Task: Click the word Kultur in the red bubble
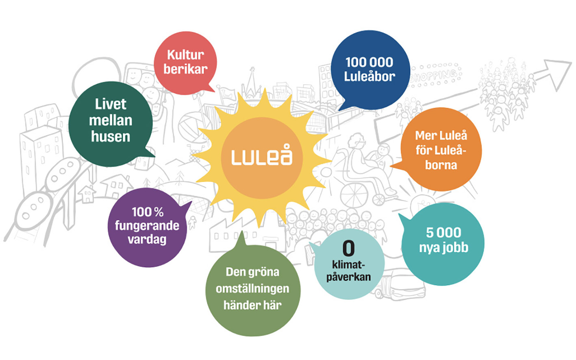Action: (185, 55)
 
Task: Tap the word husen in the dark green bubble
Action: (111, 137)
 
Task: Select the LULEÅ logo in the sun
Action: (261, 157)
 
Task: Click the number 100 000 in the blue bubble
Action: (369, 62)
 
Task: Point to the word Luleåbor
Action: (370, 76)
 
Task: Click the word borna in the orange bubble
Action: (441, 165)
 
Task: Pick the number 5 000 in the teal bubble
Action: (443, 233)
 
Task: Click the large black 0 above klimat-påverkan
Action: (348, 248)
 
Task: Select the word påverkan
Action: (348, 277)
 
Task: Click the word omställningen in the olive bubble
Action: (252, 289)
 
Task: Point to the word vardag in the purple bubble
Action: (147, 239)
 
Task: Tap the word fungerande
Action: (147, 225)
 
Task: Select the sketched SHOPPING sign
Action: (435, 75)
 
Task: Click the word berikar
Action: (185, 69)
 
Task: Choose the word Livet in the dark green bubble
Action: (111, 104)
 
